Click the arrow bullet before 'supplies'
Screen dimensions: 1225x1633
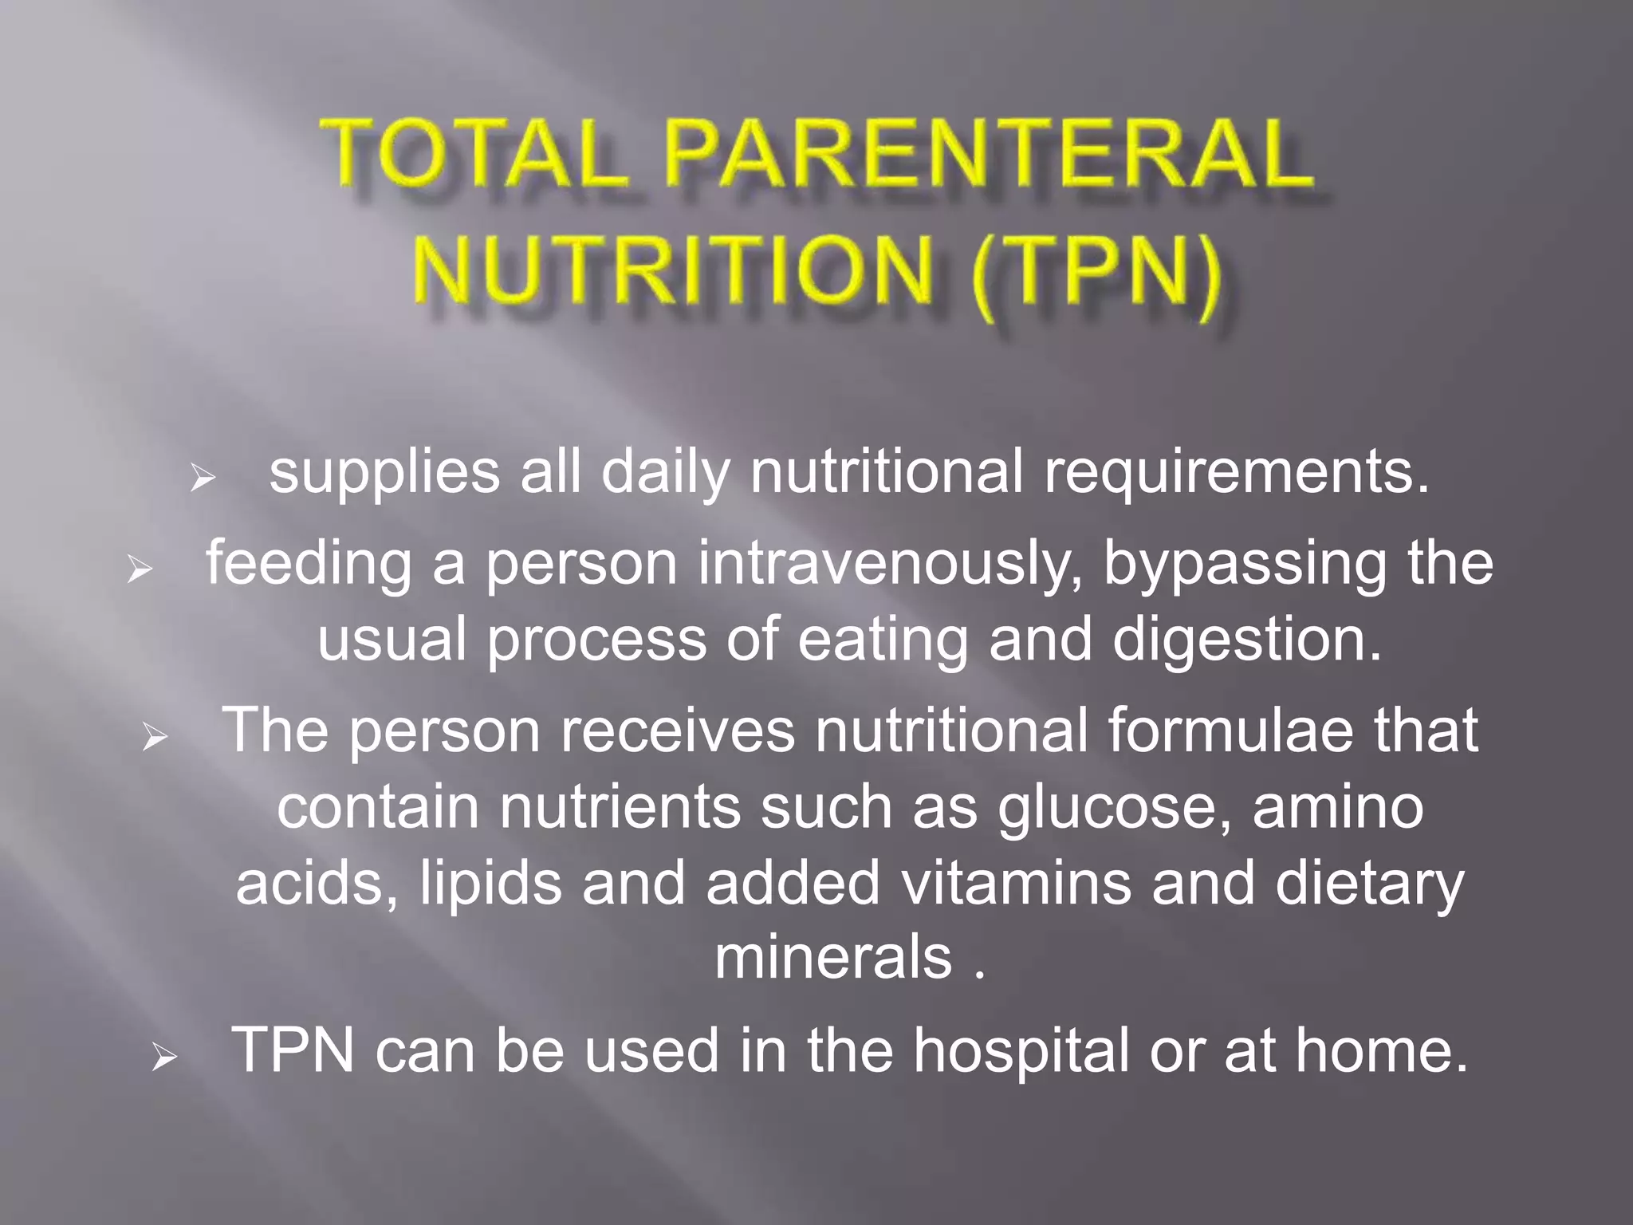click(203, 479)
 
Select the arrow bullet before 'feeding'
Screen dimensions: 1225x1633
click(140, 569)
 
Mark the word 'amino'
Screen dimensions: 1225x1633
click(1338, 806)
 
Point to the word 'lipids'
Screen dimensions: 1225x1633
click(490, 884)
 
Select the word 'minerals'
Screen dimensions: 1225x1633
click(833, 957)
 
